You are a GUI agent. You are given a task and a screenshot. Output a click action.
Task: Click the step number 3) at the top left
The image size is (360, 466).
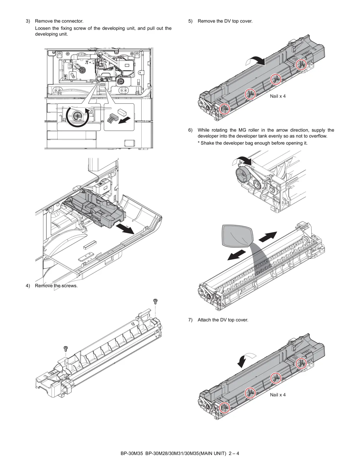pyautogui.click(x=28, y=21)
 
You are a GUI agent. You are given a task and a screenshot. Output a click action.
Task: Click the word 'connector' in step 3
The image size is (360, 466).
pyautogui.click(x=73, y=21)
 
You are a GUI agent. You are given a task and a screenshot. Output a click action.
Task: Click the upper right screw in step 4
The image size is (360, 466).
pyautogui.click(x=155, y=301)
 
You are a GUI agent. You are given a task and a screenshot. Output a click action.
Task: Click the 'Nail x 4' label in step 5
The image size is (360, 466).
pyautogui.click(x=277, y=96)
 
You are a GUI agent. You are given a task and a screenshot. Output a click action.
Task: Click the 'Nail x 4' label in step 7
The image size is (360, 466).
pyautogui.click(x=277, y=395)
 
